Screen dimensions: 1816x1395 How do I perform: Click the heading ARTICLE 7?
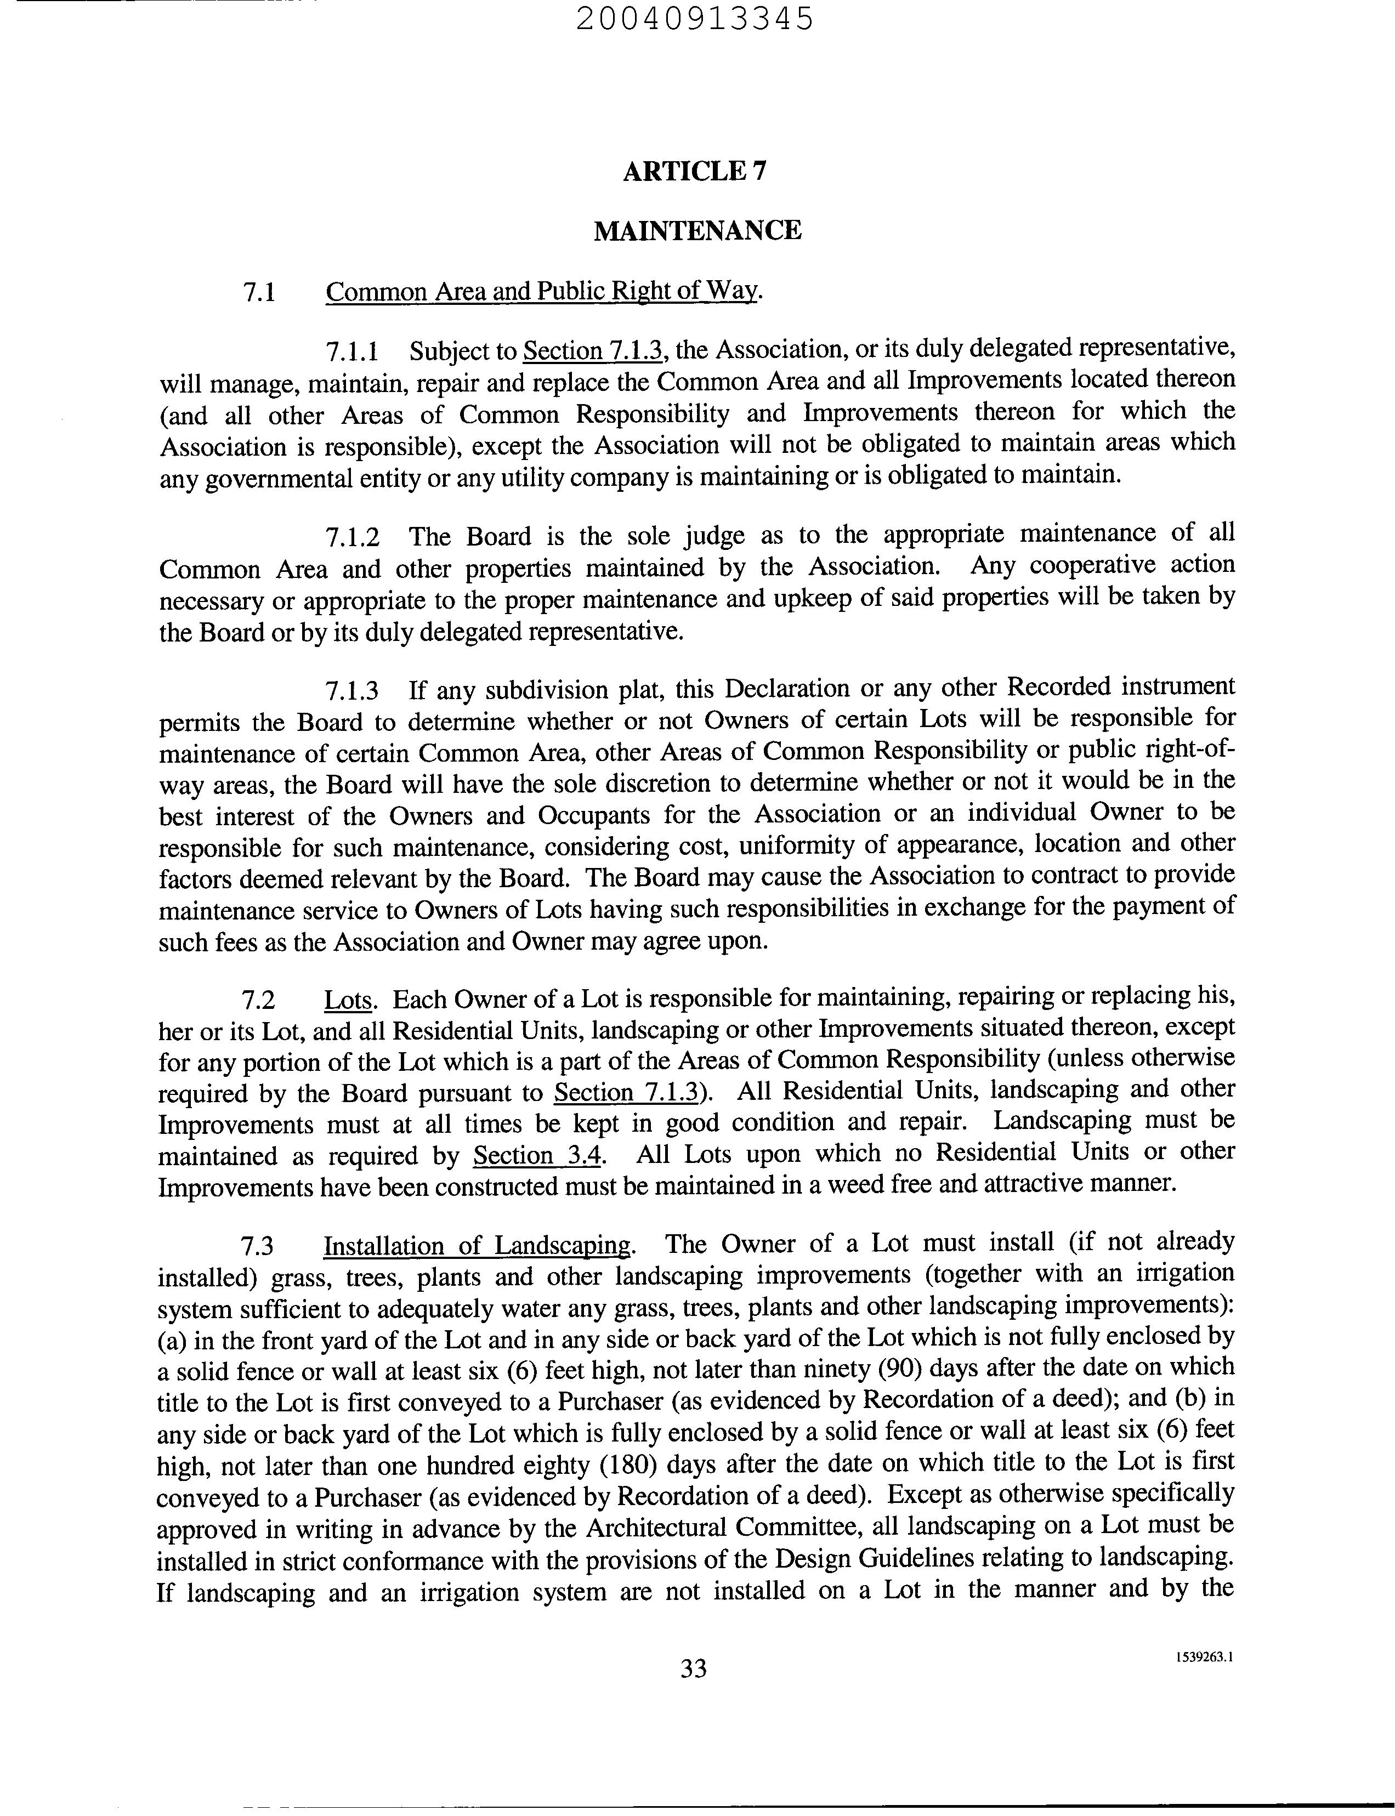(695, 171)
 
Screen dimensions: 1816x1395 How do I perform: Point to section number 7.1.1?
(352, 352)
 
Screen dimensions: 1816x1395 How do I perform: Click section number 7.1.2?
(352, 537)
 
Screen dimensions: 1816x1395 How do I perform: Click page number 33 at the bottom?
(693, 1667)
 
